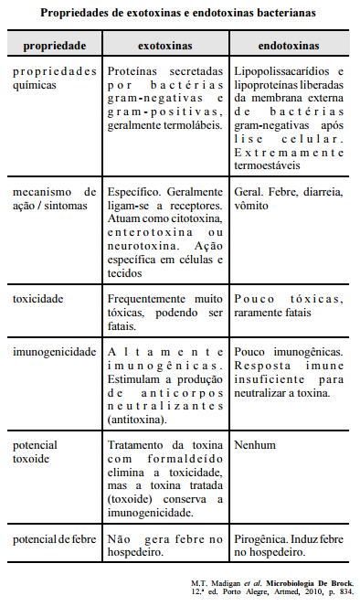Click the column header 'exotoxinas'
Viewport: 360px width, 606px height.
click(x=164, y=44)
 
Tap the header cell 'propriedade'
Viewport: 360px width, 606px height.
click(x=55, y=44)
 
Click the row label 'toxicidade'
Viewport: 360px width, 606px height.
click(x=38, y=299)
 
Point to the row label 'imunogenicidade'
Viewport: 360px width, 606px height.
click(x=53, y=351)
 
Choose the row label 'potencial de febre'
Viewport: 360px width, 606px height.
click(x=55, y=539)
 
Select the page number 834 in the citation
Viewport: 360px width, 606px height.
click(x=344, y=592)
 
